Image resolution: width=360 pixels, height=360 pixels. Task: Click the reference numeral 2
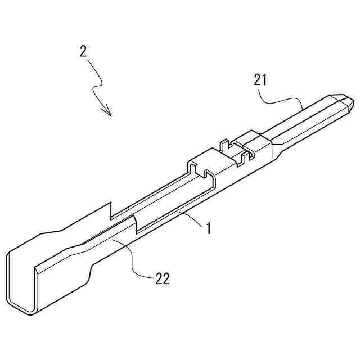click(x=83, y=51)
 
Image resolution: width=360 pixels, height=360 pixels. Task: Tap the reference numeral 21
click(x=260, y=80)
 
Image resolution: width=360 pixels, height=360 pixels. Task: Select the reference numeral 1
click(x=208, y=229)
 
